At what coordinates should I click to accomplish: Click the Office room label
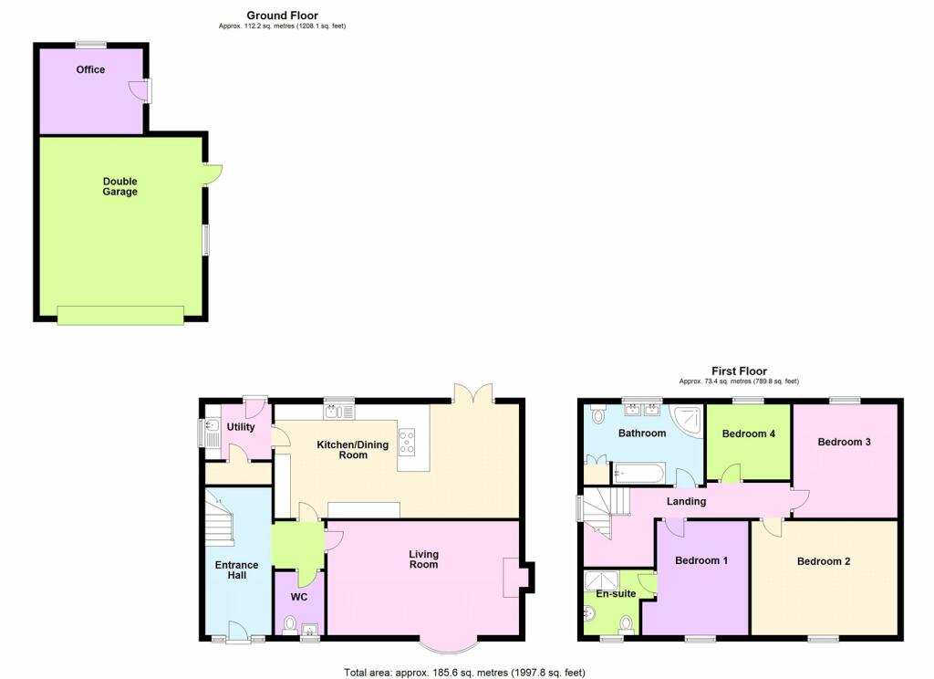(90, 69)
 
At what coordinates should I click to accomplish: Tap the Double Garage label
(119, 186)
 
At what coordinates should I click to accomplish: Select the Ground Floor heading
(283, 16)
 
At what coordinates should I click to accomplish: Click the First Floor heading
(739, 371)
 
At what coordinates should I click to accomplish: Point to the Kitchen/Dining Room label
(353, 450)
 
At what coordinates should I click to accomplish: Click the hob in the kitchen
(407, 443)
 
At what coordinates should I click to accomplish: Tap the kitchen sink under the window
(339, 412)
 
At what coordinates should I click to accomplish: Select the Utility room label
(241, 427)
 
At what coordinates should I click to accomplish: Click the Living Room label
(423, 559)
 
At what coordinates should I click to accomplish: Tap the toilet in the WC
(290, 625)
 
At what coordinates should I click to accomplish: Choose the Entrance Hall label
(236, 569)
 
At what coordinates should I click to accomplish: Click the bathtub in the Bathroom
(638, 474)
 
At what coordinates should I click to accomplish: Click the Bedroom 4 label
(748, 434)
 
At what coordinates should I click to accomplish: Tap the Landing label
(686, 501)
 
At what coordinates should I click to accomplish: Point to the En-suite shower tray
(601, 580)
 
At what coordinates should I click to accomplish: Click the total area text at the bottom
(464, 673)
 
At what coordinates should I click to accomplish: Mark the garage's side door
(212, 174)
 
